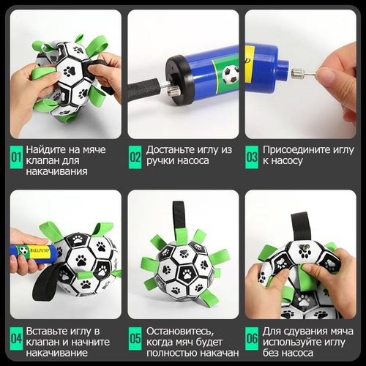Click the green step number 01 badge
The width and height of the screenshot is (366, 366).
click(x=16, y=157)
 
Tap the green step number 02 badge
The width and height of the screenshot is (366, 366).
click(x=135, y=157)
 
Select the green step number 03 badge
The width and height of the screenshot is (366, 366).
click(x=252, y=157)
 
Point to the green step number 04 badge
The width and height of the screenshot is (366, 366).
click(x=16, y=339)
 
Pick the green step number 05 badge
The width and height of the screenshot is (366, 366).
click(x=135, y=339)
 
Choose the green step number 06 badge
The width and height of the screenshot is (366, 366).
click(x=252, y=339)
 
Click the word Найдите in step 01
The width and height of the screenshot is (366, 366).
click(x=46, y=149)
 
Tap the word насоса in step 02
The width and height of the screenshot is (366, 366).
click(x=193, y=161)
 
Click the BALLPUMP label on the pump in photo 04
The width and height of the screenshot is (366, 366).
click(x=40, y=250)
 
